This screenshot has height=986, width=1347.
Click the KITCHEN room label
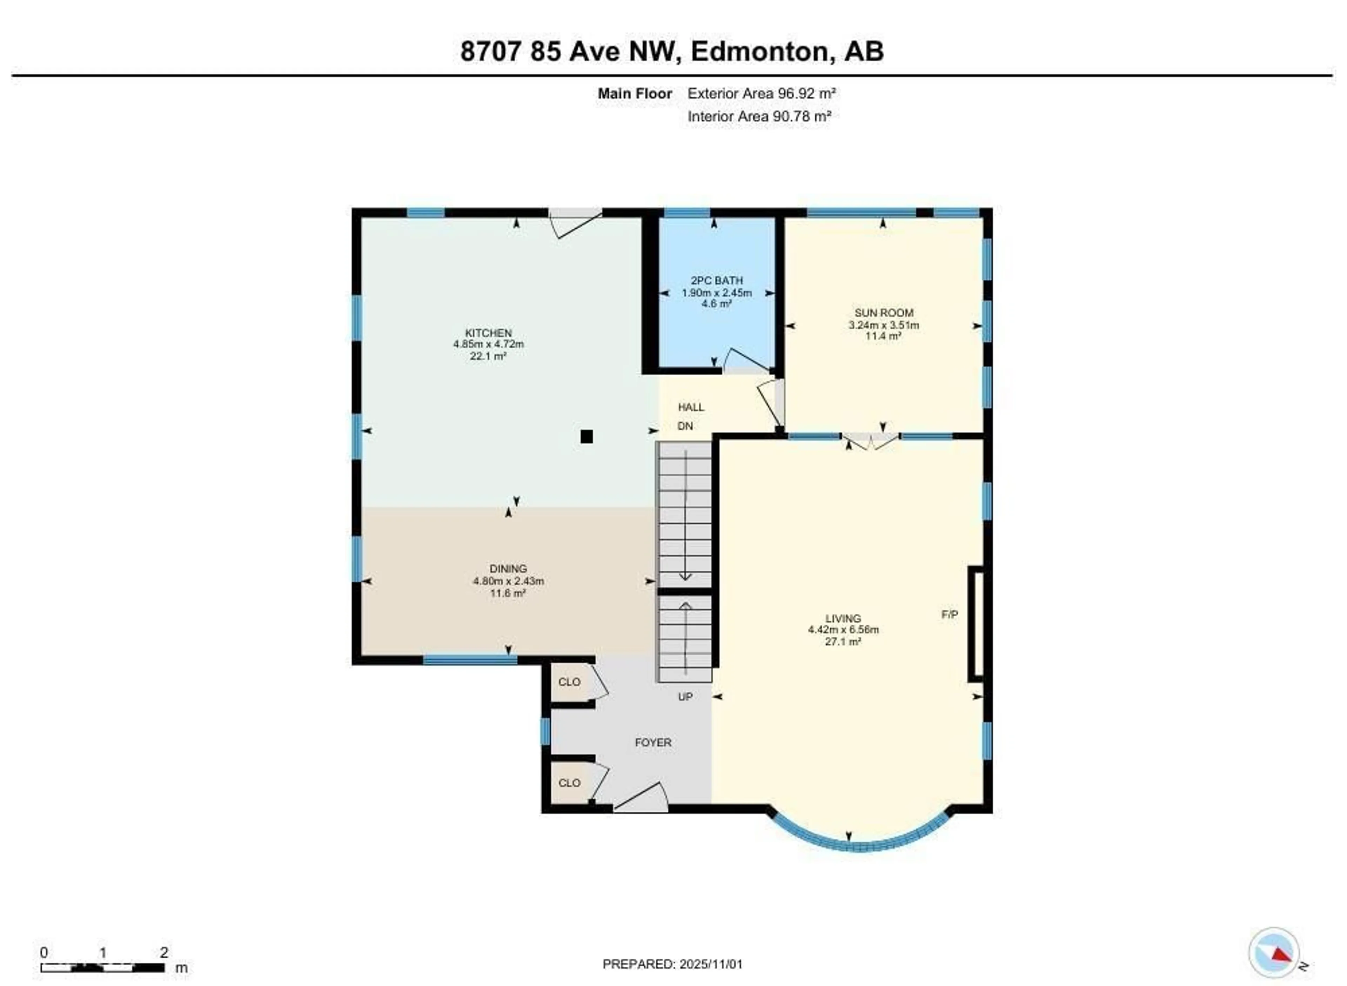pyautogui.click(x=488, y=333)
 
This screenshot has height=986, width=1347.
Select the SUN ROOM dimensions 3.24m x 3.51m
pyautogui.click(x=883, y=325)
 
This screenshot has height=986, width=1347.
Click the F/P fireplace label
pyautogui.click(x=950, y=614)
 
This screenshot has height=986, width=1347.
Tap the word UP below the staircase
pyautogui.click(x=685, y=697)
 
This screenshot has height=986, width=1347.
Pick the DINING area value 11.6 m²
pyautogui.click(x=508, y=593)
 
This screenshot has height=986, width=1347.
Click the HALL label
pyautogui.click(x=691, y=407)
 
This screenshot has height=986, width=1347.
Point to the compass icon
pyautogui.click(x=1274, y=953)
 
